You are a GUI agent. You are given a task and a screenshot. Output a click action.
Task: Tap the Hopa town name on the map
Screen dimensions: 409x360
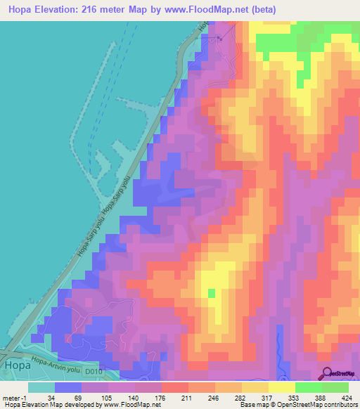click(17, 365)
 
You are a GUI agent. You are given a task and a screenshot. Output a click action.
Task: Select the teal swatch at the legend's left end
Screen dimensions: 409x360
click(41, 387)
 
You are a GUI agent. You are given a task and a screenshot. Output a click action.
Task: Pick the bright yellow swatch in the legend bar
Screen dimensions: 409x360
click(281, 387)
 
